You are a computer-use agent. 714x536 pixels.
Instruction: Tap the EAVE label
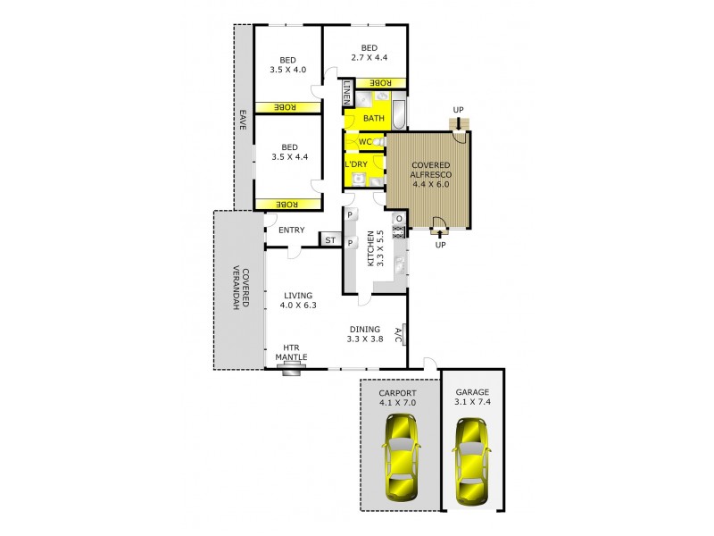coord(242,121)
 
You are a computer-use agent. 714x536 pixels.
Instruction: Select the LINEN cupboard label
coord(348,93)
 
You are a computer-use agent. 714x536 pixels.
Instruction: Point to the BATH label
coord(374,119)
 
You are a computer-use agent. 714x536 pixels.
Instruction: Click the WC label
coord(365,142)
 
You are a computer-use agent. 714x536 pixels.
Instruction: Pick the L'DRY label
coord(357,164)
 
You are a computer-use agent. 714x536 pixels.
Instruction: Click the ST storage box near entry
coord(330,239)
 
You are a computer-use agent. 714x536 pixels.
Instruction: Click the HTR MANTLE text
coord(291,354)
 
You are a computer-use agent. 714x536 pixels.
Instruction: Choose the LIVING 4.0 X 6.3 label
coord(296,301)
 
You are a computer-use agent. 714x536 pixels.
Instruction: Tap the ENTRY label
coord(291,230)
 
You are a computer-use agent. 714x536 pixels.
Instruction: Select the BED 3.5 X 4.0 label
coord(288,65)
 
